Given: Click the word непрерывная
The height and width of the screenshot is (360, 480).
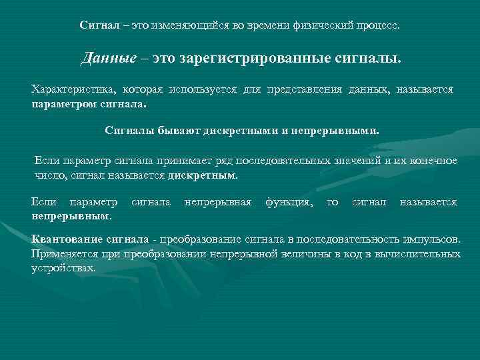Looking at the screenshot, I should click(x=217, y=202).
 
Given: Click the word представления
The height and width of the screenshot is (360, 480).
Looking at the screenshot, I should click(x=303, y=90).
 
